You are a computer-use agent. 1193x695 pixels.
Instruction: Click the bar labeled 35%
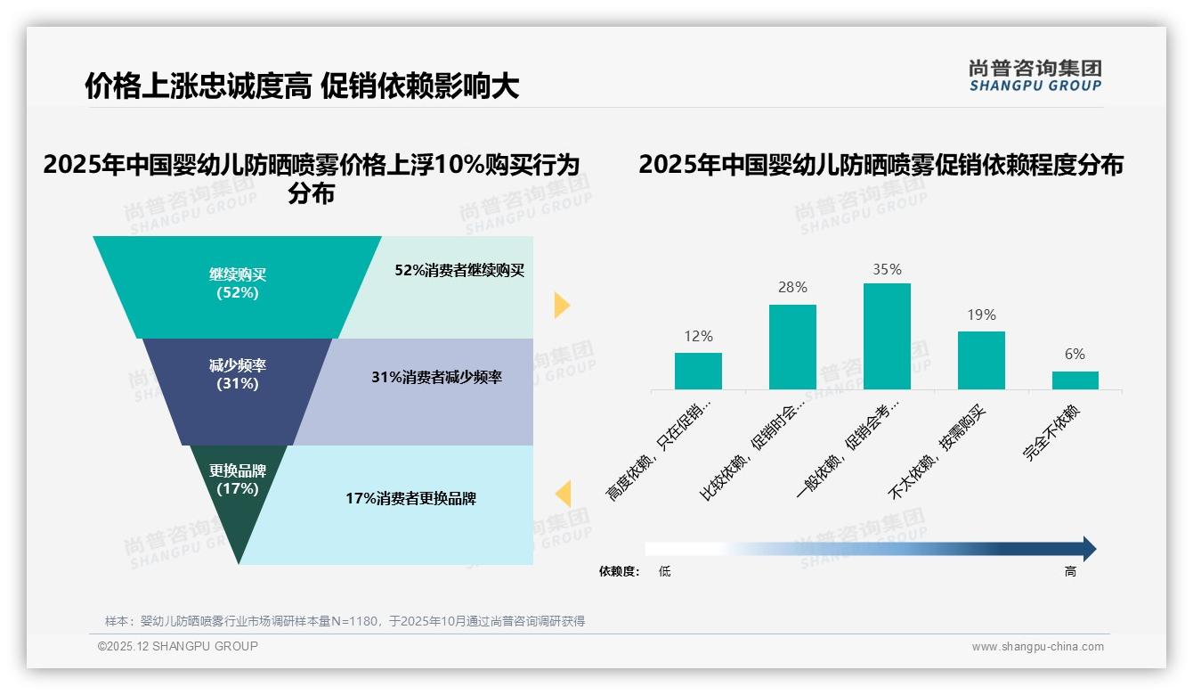[887, 336]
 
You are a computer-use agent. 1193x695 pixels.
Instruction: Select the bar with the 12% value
[698, 371]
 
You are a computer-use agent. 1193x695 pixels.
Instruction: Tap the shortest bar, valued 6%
[1075, 380]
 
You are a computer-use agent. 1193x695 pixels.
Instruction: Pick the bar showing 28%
[792, 347]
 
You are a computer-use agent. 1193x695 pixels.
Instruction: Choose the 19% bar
[981, 360]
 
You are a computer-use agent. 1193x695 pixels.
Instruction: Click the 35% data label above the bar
[887, 269]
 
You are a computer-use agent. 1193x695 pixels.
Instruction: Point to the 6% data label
[1075, 354]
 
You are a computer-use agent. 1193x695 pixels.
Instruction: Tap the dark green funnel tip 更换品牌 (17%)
[238, 490]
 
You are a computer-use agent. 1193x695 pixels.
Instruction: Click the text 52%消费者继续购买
[459, 271]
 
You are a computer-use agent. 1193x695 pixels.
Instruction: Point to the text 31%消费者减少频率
[436, 378]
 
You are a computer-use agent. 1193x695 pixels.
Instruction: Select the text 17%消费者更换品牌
[410, 499]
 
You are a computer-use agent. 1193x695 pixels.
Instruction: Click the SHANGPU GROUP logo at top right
[1035, 76]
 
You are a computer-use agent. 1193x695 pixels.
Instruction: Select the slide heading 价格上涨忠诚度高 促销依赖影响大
[302, 86]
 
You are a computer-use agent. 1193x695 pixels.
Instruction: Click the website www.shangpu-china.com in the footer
[1037, 647]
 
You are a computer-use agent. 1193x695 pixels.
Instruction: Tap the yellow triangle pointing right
[561, 305]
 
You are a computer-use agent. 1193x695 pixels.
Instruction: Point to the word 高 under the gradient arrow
[1070, 571]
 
